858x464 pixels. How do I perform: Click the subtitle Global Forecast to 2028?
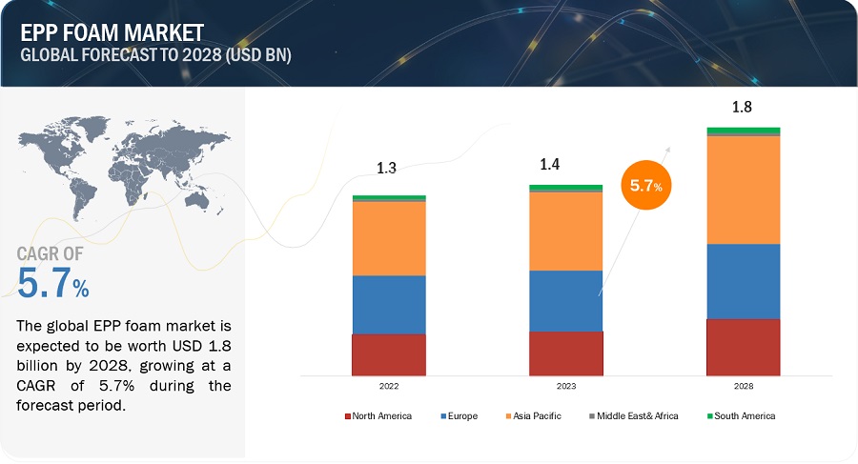pos(155,54)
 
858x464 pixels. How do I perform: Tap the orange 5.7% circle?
pos(645,187)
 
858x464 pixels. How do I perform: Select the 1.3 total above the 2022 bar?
pos(386,169)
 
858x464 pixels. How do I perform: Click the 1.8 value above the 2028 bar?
pos(742,107)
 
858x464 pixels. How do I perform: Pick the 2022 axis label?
pos(388,387)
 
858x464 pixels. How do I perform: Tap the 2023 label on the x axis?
pos(565,387)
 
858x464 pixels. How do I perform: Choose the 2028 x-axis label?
pos(743,387)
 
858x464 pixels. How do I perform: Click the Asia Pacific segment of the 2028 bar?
pos(743,191)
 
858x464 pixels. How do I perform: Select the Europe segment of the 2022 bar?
pos(389,305)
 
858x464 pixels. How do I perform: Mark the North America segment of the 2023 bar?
pos(566,353)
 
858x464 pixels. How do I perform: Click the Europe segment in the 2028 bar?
pos(743,282)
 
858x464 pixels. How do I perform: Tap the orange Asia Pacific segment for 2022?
pos(389,238)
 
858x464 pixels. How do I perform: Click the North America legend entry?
pos(378,416)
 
